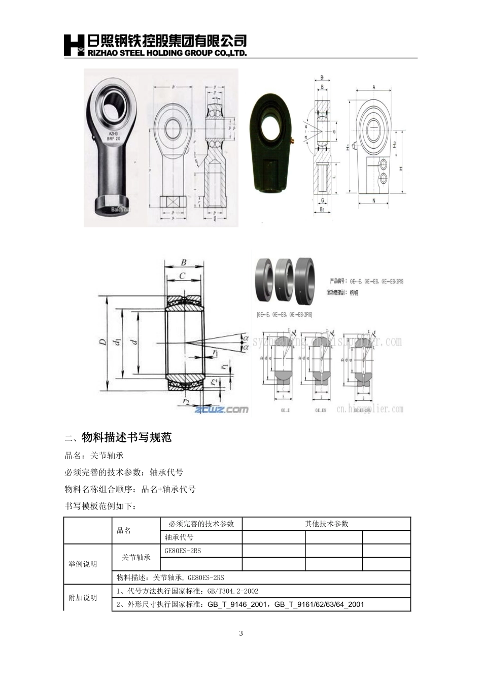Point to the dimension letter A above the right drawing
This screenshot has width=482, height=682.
click(x=374, y=87)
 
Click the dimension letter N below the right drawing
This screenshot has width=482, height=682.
click(x=374, y=201)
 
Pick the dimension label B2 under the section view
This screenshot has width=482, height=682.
click(x=322, y=209)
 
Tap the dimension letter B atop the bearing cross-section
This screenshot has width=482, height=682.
click(x=184, y=262)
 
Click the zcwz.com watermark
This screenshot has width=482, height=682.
click(x=221, y=409)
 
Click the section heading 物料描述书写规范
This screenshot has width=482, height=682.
click(x=126, y=437)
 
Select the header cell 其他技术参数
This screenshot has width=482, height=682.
click(x=326, y=524)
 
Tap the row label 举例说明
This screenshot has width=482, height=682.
click(x=83, y=564)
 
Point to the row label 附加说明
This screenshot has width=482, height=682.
click(x=83, y=598)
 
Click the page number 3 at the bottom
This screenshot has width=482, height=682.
click(x=241, y=633)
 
